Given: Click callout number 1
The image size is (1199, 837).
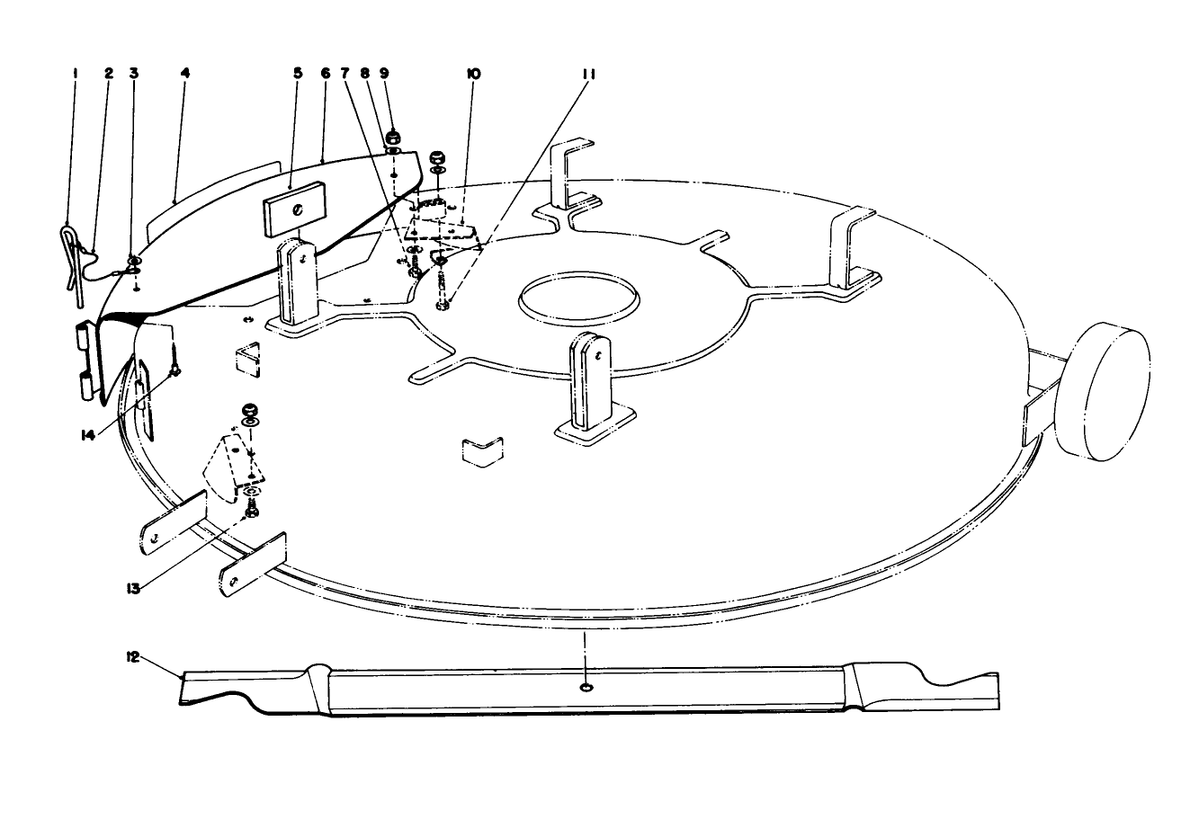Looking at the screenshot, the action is point(76,74).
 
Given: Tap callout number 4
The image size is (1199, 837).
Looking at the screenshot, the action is point(183,74).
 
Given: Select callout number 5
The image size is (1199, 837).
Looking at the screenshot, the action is point(298,74).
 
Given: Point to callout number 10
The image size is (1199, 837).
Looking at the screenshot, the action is point(474,74).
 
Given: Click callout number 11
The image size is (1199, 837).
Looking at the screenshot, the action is point(589,74).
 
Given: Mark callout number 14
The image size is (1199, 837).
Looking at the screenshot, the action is point(87,434).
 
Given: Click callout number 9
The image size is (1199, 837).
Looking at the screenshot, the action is point(385,74).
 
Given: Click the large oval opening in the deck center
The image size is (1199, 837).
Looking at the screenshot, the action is point(577,295).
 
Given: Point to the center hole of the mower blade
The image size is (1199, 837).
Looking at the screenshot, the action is point(586,688).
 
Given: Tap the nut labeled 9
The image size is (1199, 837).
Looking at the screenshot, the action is point(393,138).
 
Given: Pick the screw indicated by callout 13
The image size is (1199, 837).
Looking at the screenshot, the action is point(252,511).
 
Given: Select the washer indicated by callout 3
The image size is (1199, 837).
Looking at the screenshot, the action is point(134,263).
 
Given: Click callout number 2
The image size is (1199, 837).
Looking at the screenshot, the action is point(109,74).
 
